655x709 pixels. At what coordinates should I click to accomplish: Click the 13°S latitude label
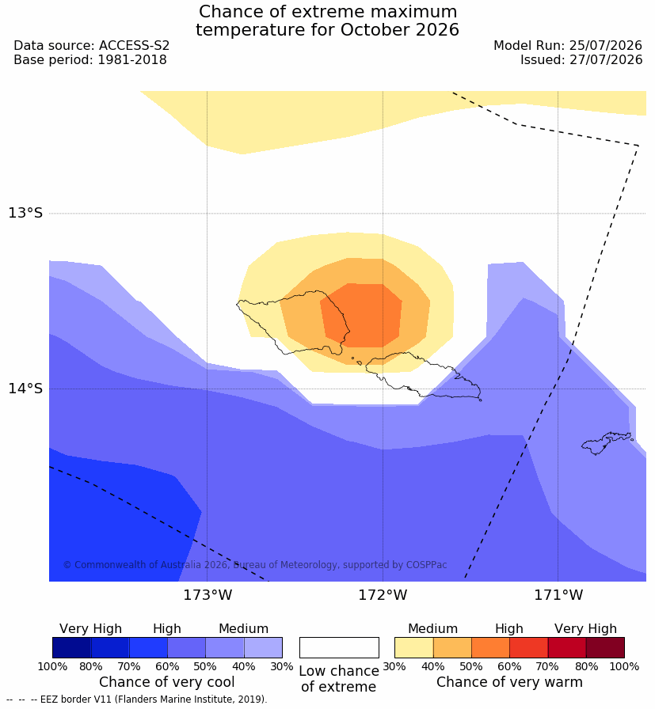point(25,213)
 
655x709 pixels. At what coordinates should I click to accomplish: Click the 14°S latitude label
point(25,388)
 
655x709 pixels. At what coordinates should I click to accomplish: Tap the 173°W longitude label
point(208,594)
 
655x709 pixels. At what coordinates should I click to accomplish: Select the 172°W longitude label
point(383,594)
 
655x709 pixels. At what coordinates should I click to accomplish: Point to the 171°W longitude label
point(558,594)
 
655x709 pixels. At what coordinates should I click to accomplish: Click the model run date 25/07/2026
point(606,46)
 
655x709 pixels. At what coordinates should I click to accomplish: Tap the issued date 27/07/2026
point(606,59)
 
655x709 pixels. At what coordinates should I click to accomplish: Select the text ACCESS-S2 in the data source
point(134,46)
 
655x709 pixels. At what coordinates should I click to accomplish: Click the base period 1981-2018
point(132,59)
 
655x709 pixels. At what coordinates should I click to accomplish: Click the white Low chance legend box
point(339,647)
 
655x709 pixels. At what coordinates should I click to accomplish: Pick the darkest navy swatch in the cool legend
point(71,647)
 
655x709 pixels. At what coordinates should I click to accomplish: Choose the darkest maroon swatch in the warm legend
point(605,647)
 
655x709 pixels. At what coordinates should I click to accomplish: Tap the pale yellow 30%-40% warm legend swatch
point(413,647)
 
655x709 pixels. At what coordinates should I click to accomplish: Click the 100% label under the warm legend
point(625,666)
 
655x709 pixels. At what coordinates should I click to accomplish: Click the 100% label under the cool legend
point(52,666)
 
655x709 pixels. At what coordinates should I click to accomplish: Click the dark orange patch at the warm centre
point(361,316)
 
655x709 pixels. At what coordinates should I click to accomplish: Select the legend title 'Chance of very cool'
point(167,682)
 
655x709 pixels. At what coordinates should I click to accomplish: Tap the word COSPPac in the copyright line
point(426,565)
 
